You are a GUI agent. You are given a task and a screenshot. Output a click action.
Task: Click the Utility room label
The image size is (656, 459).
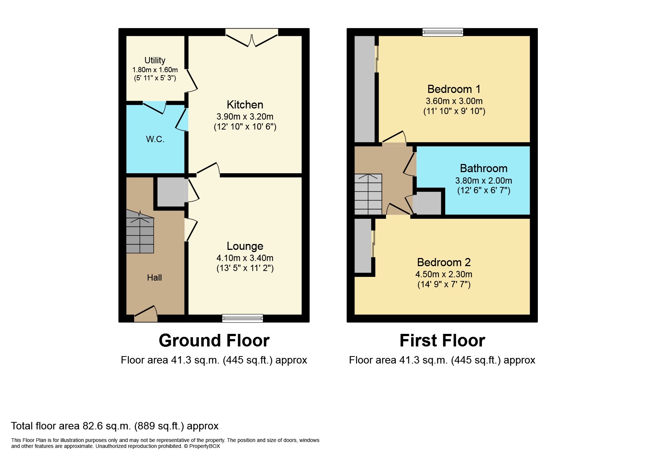[155, 60]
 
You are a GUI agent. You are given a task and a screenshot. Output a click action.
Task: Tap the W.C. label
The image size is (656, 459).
[155, 140]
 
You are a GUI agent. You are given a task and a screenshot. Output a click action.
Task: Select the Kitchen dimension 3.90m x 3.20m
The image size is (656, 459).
[245, 117]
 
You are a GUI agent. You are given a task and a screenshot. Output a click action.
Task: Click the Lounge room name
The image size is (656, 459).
[245, 246]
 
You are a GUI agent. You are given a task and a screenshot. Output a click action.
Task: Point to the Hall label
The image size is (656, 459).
[154, 278]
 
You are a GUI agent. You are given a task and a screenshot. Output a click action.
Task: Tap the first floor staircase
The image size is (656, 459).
[368, 194]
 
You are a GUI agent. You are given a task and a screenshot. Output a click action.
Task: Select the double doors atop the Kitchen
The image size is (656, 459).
[252, 39]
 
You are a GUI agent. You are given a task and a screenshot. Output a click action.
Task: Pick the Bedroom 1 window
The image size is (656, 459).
[443, 33]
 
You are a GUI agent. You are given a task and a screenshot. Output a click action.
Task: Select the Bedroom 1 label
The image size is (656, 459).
[454, 89]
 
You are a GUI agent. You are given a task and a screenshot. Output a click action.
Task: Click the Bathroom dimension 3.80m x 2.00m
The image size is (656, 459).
[483, 181]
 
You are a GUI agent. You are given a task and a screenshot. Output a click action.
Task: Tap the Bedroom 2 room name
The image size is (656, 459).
[444, 262]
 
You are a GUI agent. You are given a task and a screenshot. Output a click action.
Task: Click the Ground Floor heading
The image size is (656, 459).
[214, 341]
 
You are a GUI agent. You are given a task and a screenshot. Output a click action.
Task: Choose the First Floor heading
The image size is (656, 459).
[442, 341]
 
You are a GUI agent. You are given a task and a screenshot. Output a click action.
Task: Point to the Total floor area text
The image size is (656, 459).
[115, 426]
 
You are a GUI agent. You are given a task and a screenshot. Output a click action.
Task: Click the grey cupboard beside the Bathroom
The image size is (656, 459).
[428, 203]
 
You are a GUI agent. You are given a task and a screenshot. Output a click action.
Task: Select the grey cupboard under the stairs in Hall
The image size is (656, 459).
[171, 192]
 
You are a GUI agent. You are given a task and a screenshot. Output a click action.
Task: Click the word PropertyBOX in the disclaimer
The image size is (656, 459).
[204, 446]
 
